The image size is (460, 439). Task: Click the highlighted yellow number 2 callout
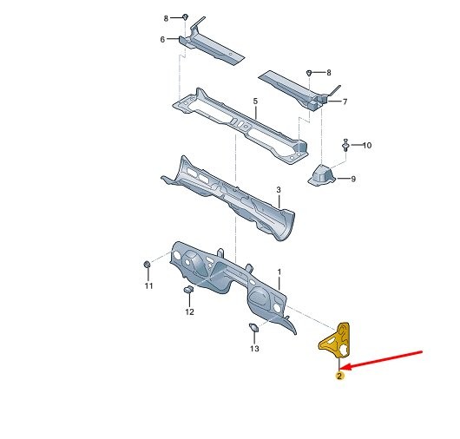tap(339, 376)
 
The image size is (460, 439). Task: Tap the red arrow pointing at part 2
tap(382, 359)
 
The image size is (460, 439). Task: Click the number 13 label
tap(254, 349)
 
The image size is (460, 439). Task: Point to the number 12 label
tap(189, 311)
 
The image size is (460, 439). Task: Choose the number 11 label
tap(148, 285)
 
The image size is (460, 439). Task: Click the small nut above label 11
tap(147, 264)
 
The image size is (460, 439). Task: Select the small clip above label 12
tap(188, 289)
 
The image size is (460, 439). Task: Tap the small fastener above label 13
tap(253, 327)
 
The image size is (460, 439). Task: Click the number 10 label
tap(367, 145)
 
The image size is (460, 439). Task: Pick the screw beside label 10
tap(345, 145)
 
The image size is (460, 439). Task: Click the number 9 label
tap(353, 179)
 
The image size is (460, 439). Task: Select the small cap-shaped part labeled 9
tap(321, 175)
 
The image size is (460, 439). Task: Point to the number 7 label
tap(345, 102)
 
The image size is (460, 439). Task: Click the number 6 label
tap(162, 39)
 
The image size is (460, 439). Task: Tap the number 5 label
tap(255, 102)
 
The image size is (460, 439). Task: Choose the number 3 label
tap(279, 190)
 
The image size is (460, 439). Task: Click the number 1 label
tap(279, 272)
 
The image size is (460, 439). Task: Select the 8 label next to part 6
tap(166, 18)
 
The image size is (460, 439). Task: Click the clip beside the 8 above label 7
tap(309, 72)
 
